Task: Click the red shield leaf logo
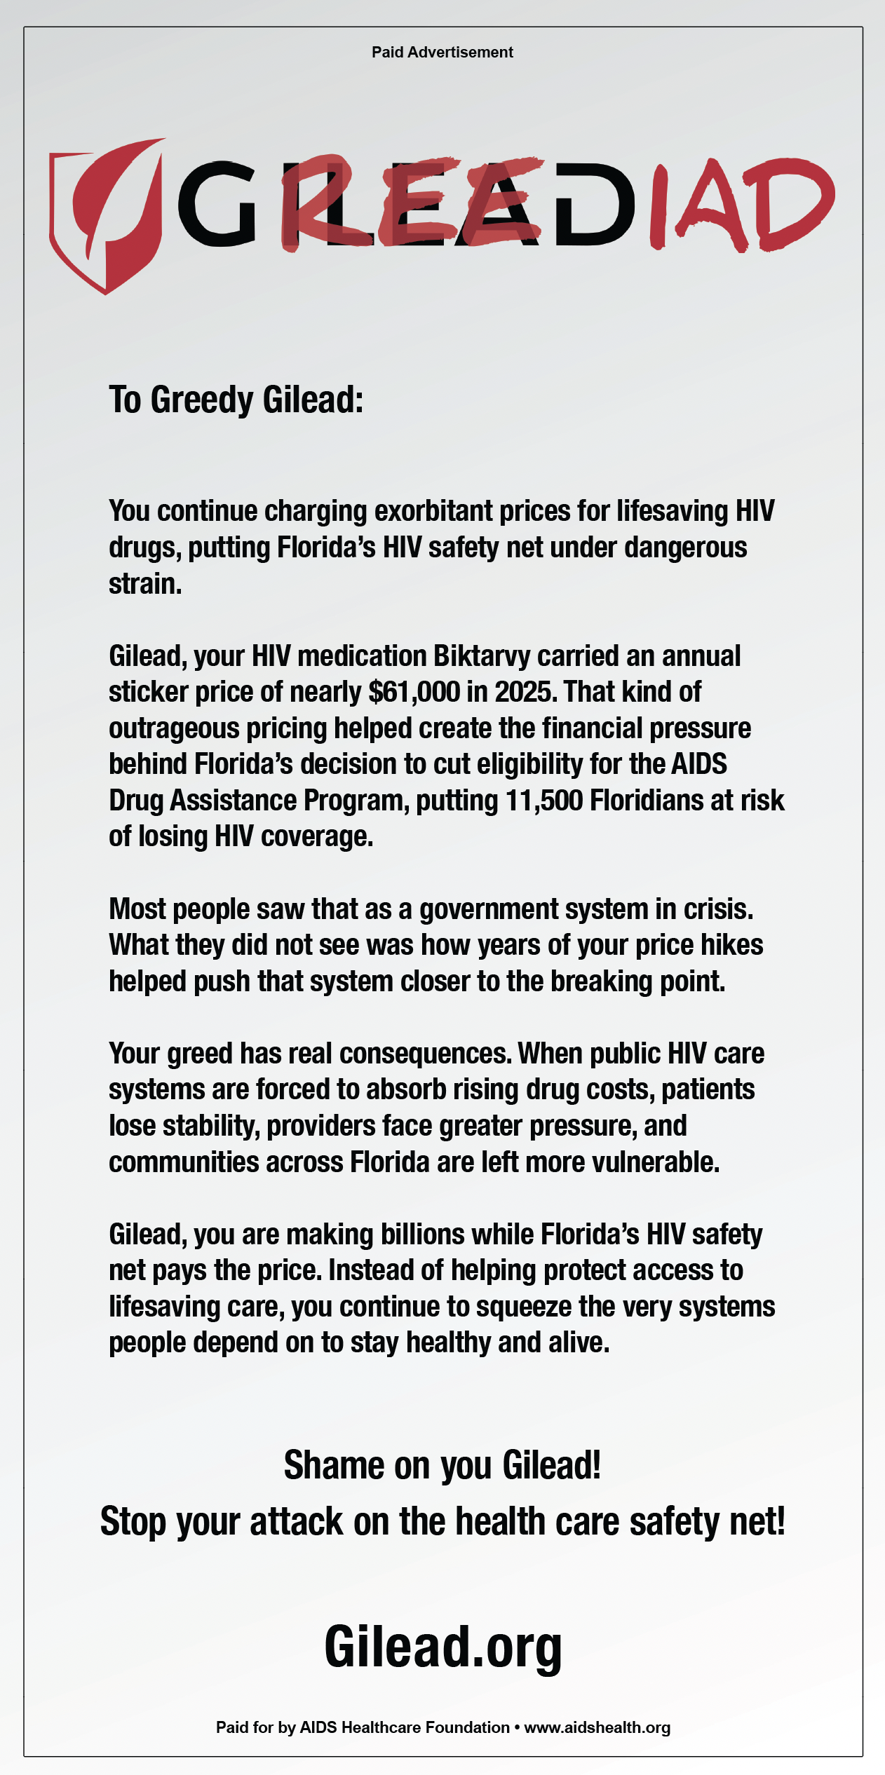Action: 105,214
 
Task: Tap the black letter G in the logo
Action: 217,203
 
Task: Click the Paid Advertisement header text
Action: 442,52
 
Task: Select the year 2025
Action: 522,693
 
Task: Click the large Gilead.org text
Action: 443,1647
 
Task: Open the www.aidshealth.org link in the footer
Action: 597,1727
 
